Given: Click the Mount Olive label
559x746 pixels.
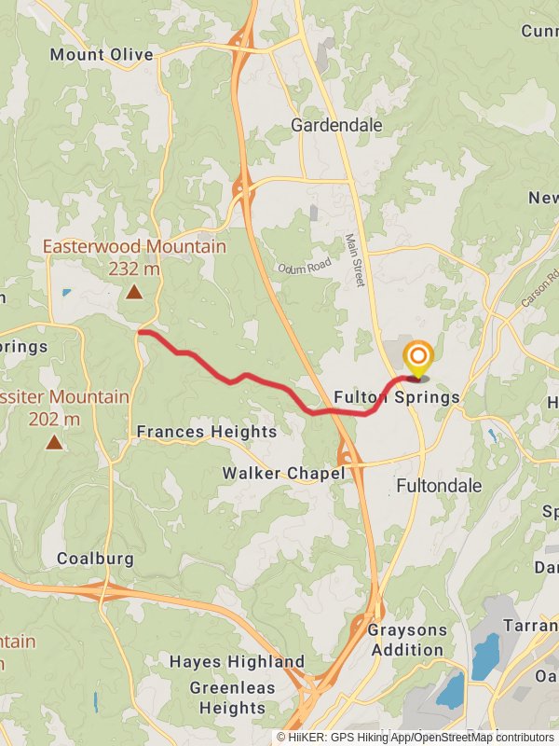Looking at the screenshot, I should pos(102,55).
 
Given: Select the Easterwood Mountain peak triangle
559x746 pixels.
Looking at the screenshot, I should pos(134,293).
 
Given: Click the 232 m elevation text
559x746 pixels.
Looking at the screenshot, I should pos(134,269).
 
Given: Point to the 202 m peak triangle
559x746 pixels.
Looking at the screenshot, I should pos(54,442).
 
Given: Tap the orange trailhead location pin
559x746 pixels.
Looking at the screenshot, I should pos(418,359).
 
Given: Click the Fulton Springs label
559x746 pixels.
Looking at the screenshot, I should pos(397,397).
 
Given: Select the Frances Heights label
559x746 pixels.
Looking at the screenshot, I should pos(207,432).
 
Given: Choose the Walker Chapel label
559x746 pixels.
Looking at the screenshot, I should pos(283,474).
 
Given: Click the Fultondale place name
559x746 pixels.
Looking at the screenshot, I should pos(439,486).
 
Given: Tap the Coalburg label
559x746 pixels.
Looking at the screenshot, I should pos(96,559).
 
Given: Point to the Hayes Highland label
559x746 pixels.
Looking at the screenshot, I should pos(237,661).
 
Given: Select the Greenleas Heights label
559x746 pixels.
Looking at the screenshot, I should pos(228,698).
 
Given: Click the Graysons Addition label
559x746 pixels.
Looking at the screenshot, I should pos(406,639).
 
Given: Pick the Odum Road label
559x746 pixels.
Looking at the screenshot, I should pos(304,267).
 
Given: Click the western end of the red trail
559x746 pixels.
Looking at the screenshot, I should pos(140,331).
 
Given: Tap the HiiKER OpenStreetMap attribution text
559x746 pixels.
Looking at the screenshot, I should pos(416,737).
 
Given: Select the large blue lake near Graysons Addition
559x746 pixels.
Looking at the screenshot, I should pos(484,656).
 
